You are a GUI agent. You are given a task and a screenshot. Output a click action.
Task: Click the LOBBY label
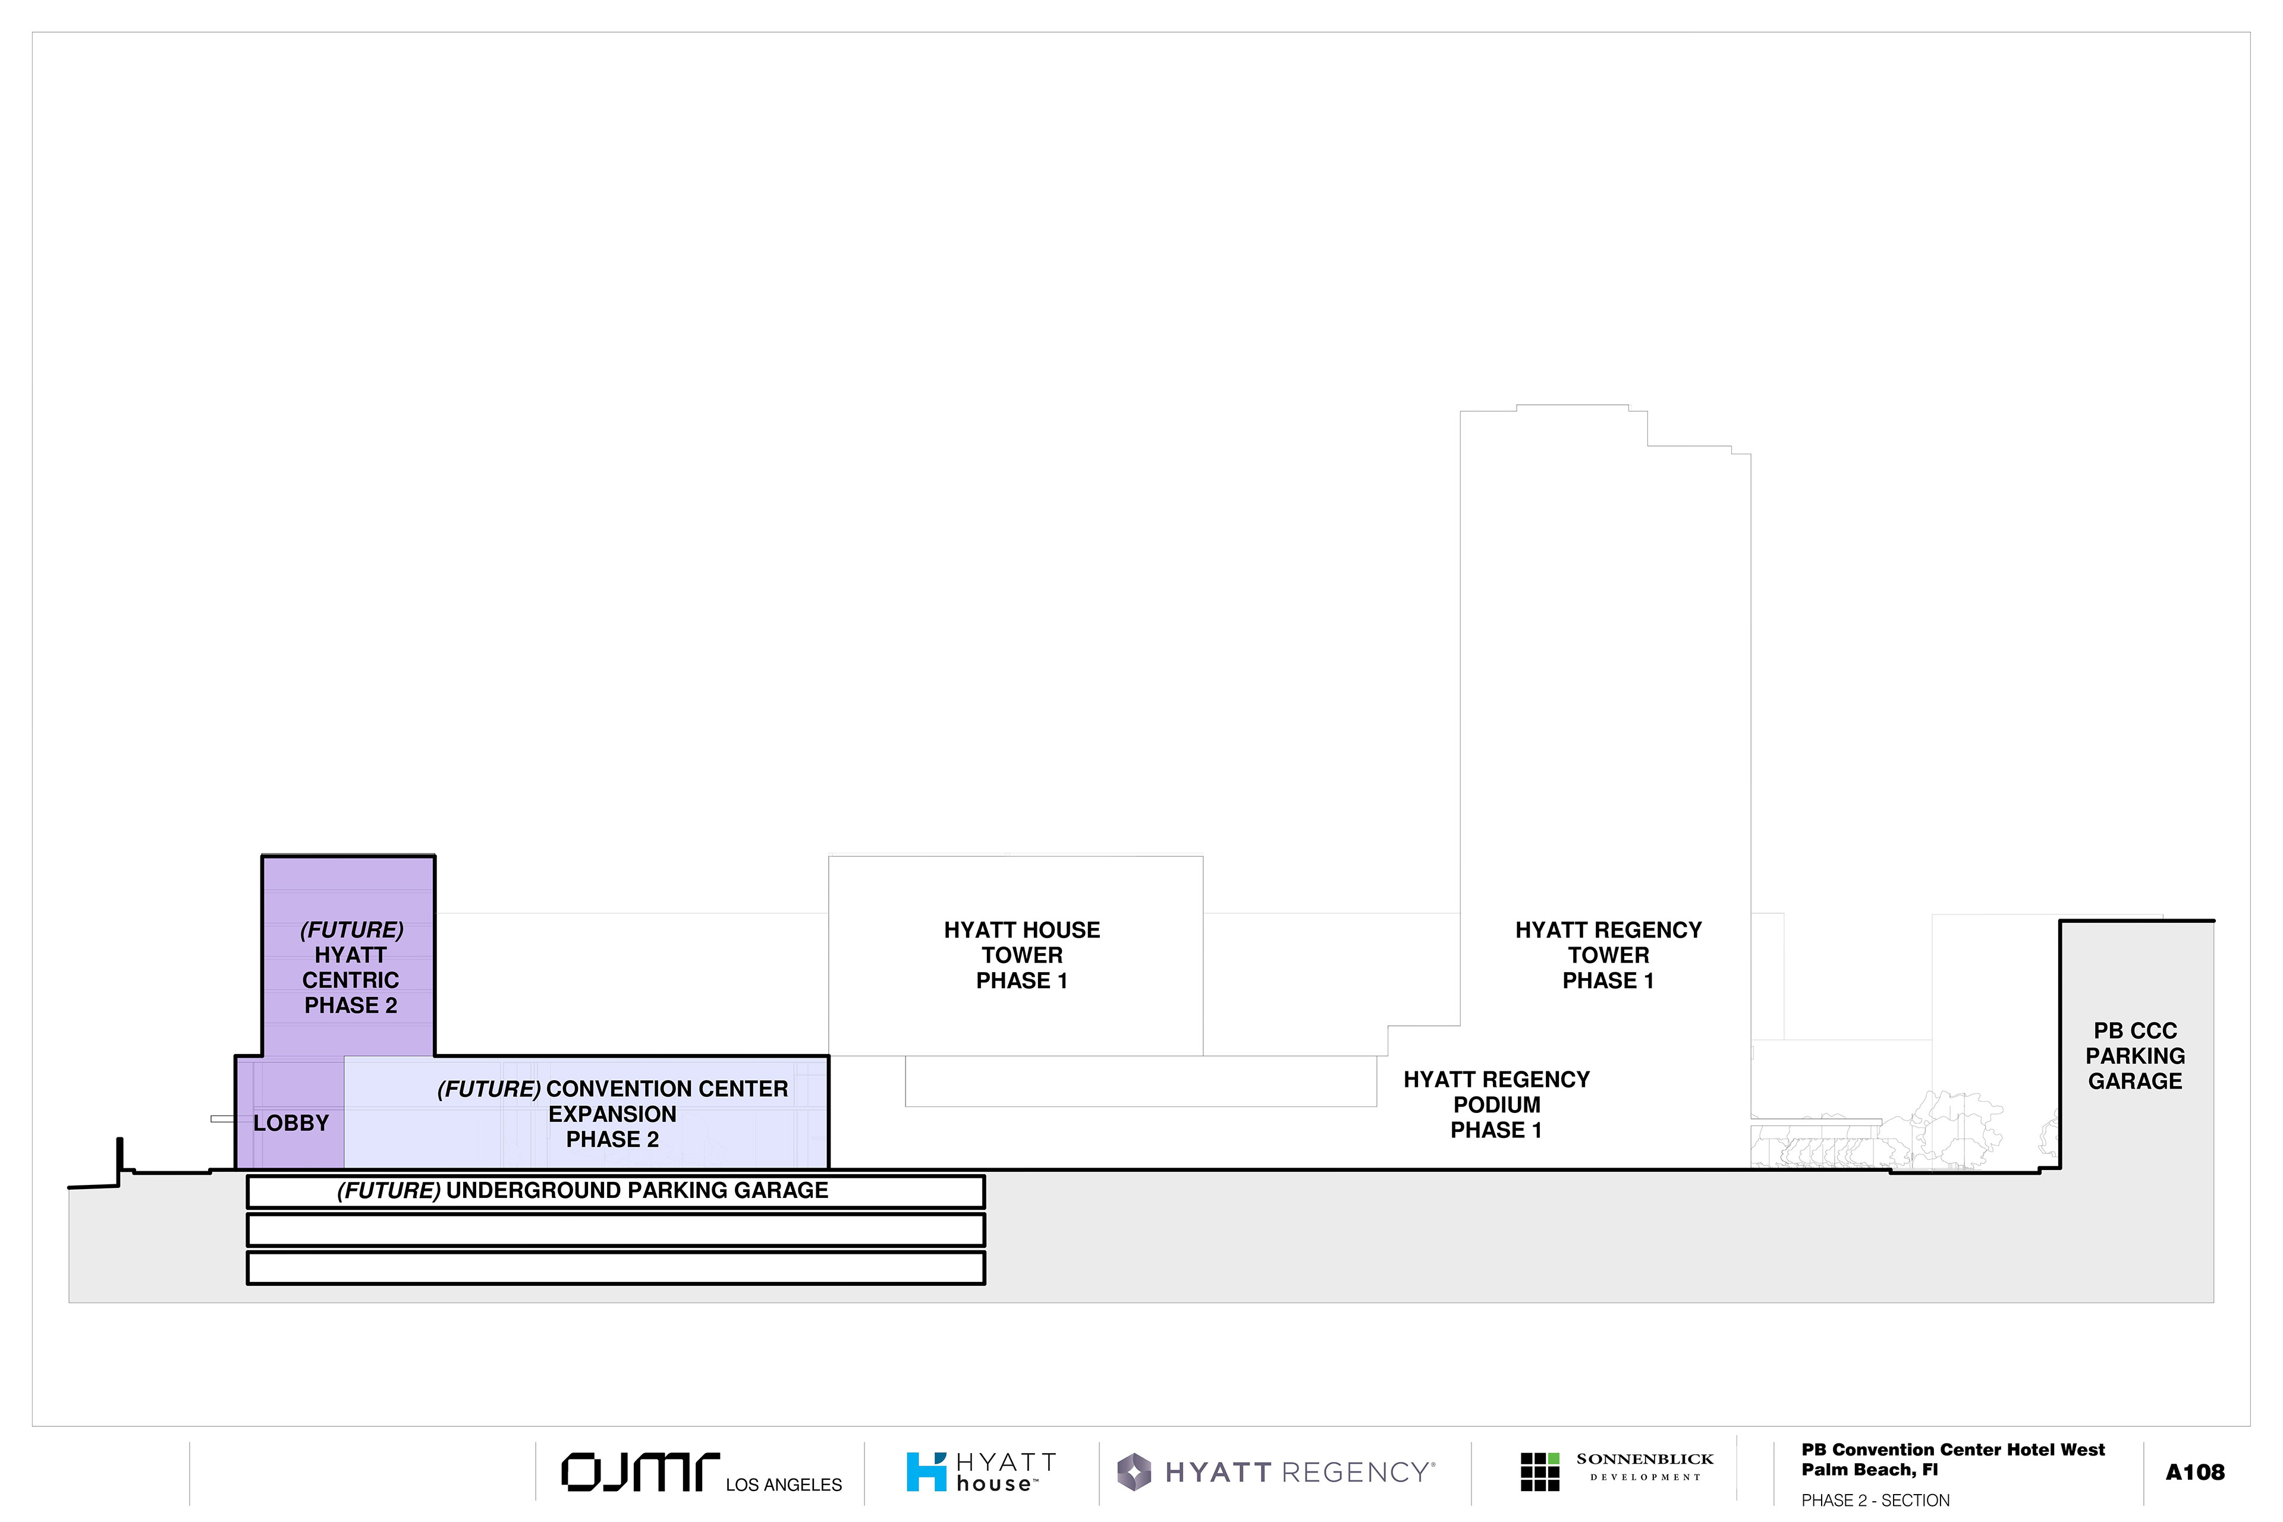(x=291, y=1123)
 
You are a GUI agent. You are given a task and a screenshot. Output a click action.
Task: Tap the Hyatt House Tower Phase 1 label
(x=1022, y=955)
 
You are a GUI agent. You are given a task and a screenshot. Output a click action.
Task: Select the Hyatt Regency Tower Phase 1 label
(x=1608, y=955)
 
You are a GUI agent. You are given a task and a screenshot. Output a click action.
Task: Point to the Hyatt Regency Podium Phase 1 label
(x=1497, y=1105)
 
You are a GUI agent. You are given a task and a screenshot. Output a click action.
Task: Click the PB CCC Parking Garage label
(x=2136, y=1056)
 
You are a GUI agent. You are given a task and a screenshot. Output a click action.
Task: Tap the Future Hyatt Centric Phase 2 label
(x=351, y=968)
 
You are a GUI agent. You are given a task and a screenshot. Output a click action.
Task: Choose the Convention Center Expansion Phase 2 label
(x=612, y=1114)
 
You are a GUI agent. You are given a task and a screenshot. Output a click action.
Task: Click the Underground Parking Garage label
(x=583, y=1191)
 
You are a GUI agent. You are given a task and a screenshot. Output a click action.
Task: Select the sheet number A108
(x=2194, y=1473)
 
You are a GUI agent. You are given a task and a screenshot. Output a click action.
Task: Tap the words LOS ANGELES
(x=784, y=1485)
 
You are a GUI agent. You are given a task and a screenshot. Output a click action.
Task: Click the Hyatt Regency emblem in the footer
(x=1134, y=1473)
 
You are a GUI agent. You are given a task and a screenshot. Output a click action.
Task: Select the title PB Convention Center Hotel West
(x=1953, y=1450)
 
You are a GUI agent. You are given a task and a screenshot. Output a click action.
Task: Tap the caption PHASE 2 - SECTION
(x=1875, y=1501)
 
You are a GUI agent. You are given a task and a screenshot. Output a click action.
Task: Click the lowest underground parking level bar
(x=617, y=1268)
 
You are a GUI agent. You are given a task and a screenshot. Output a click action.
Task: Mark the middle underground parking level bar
(x=617, y=1230)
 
